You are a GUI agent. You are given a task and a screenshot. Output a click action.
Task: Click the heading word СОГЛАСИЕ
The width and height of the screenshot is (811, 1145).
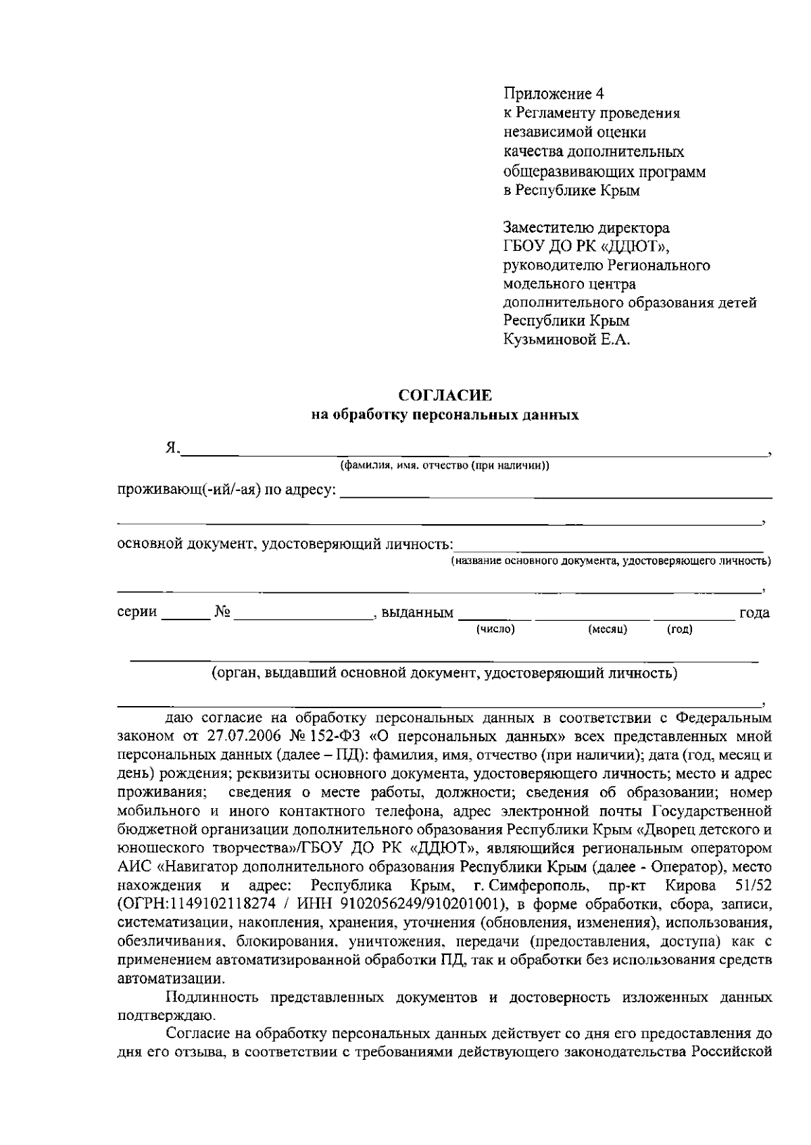click(445, 395)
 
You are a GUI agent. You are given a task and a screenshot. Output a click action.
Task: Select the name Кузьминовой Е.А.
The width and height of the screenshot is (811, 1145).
click(566, 340)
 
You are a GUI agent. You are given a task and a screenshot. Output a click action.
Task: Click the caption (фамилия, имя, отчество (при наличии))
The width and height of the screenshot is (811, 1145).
click(445, 466)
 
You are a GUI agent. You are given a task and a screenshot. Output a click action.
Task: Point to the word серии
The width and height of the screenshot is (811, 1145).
click(137, 613)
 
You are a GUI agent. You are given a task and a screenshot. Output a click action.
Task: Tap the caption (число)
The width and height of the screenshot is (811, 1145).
click(496, 630)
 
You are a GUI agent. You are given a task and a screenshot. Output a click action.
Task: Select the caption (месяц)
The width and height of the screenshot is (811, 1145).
click(608, 630)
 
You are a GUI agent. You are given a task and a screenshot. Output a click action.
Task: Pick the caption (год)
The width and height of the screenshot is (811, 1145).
click(679, 630)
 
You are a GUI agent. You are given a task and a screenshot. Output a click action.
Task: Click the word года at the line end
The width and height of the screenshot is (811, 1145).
click(754, 613)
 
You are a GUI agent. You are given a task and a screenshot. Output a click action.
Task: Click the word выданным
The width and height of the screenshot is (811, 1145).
click(417, 613)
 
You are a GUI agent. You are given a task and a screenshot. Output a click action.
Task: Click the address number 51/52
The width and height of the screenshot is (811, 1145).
click(752, 886)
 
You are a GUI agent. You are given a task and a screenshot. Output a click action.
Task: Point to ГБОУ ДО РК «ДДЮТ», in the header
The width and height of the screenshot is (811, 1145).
click(587, 246)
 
